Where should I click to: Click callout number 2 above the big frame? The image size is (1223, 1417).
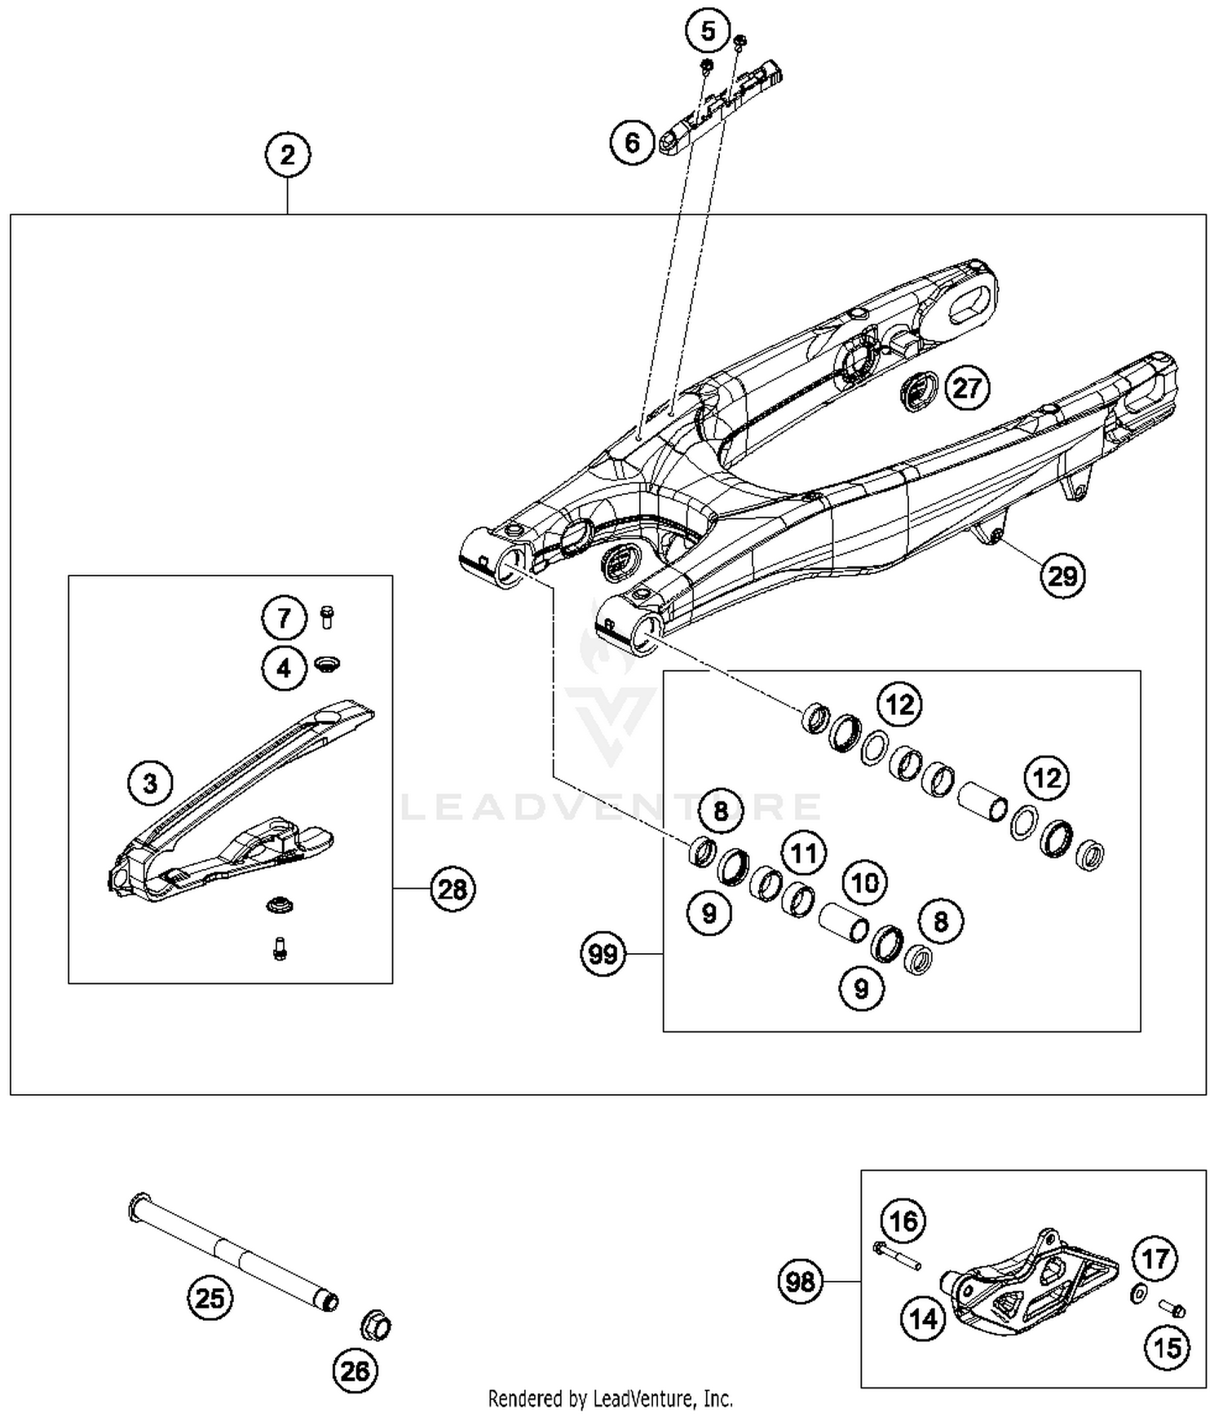pos(287,154)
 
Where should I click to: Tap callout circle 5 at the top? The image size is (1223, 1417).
pos(708,32)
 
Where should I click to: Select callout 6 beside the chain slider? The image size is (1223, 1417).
pos(633,143)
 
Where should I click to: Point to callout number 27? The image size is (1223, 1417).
pos(967,387)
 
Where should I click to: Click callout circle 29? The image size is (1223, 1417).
pos(1062,576)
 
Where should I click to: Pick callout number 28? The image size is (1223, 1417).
pos(453,889)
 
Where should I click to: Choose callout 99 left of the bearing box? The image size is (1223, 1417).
pos(603,953)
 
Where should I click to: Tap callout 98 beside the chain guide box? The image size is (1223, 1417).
pos(800,1282)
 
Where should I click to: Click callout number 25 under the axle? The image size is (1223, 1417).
pos(210,1297)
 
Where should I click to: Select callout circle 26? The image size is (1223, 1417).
pos(355,1371)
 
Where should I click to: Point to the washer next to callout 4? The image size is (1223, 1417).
pos(328,664)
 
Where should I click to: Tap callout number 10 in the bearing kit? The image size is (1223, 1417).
pos(865,882)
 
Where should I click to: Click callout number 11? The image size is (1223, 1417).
pos(804,854)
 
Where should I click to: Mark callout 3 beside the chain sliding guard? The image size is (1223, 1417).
pos(151,784)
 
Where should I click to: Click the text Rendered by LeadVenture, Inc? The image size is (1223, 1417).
pos(610,1399)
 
